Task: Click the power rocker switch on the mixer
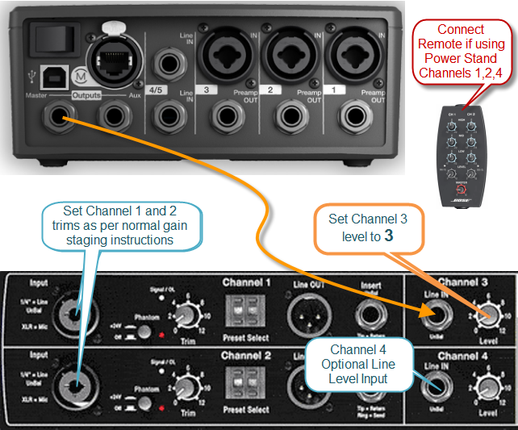click(x=48, y=35)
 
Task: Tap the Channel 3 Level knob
click(x=485, y=316)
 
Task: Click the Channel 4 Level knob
click(x=485, y=389)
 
